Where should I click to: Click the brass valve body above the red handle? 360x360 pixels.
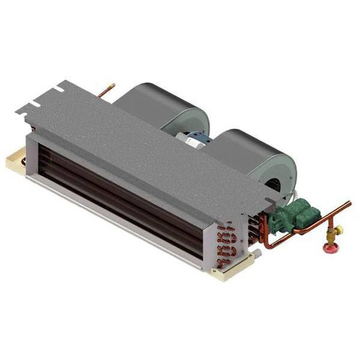332,237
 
